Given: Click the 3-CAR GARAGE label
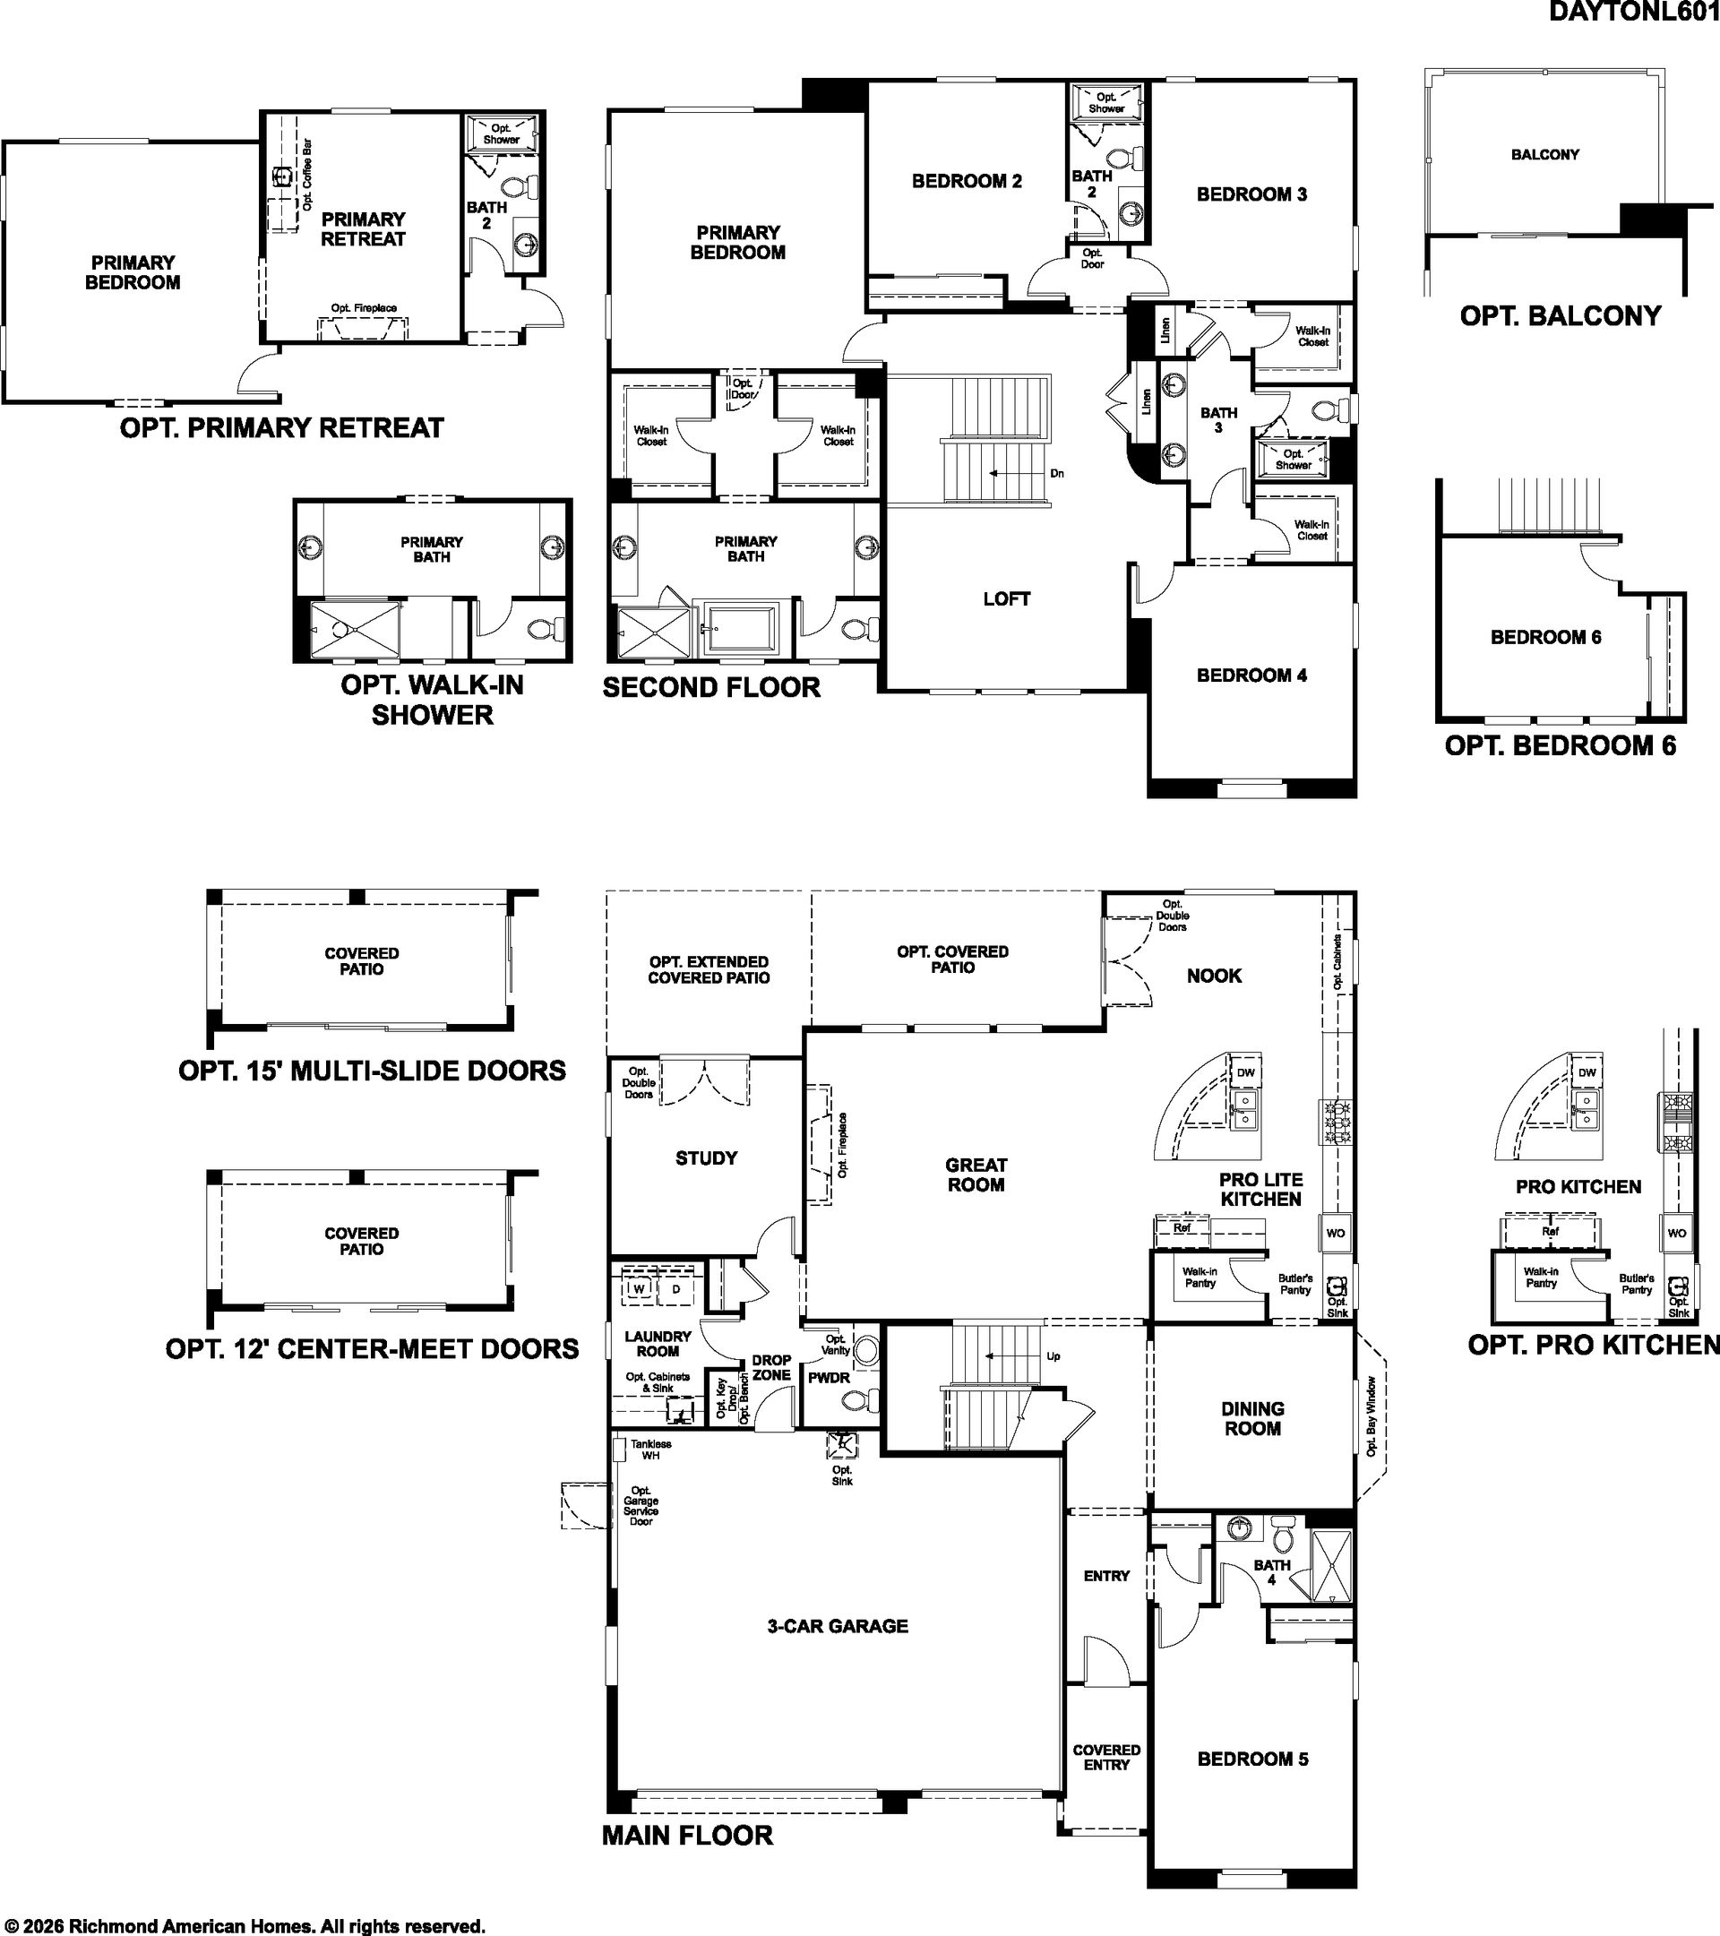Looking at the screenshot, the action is [x=838, y=1626].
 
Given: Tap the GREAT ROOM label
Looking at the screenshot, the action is [x=976, y=1175].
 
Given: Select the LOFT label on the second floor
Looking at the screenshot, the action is [x=1006, y=598].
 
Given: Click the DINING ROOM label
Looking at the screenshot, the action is [x=1252, y=1419].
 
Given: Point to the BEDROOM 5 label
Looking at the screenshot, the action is [x=1252, y=1759].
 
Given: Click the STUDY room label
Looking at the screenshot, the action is [x=706, y=1157].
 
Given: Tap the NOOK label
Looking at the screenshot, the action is [x=1213, y=976].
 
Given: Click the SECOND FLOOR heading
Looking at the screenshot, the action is [x=711, y=688].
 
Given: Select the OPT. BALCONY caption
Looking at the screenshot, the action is [x=1560, y=315].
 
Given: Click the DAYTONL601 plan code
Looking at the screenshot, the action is [x=1634, y=12].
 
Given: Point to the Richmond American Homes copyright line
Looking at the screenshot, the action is [x=245, y=1925].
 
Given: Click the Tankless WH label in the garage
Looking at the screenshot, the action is [x=650, y=1450].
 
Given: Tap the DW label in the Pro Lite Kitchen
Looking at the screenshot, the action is [x=1245, y=1072].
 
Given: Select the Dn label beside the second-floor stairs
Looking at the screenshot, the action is [x=1057, y=474].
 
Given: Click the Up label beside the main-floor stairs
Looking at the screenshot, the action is [x=1053, y=1356].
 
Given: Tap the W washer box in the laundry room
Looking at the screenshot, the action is [x=639, y=1289].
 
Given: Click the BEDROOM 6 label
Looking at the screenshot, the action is [x=1545, y=638].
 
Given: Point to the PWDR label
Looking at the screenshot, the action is [x=829, y=1378].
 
